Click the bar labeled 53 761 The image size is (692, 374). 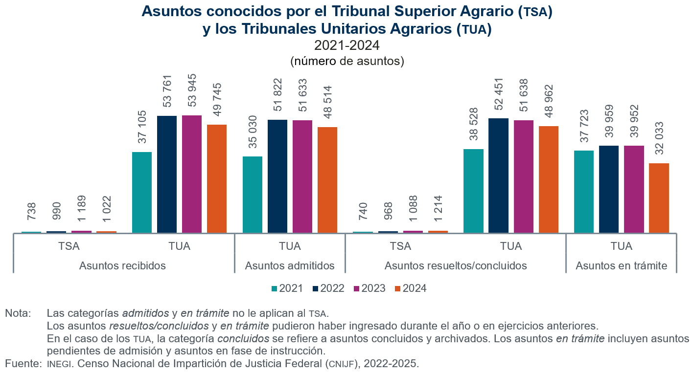tap(167, 174)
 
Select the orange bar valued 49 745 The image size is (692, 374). tap(217, 178)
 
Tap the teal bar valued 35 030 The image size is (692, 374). tap(253, 195)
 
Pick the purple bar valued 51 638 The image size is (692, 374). tap(524, 176)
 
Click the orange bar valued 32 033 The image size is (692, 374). tap(659, 198)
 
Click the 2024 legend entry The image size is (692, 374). tap(411, 288)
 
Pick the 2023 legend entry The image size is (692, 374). tap(369, 288)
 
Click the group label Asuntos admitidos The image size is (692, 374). tap(290, 266)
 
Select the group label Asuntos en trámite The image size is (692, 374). tap(622, 266)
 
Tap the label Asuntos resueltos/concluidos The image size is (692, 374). tap(456, 266)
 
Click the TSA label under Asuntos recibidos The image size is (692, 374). tap(69, 246)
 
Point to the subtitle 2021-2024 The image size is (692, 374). tap(346, 45)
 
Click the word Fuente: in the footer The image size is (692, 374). tap(22, 363)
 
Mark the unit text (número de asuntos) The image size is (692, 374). tap(346, 61)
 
